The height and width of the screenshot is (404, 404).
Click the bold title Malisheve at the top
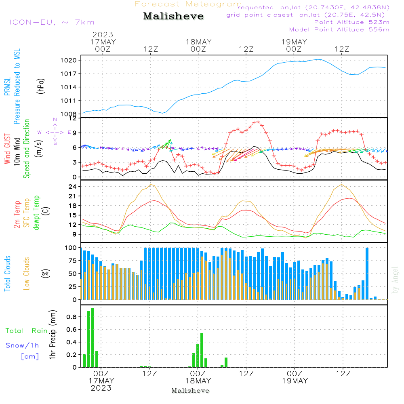tap(173, 17)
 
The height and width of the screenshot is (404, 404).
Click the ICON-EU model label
tap(52, 22)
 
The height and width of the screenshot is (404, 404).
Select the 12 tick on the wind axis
tap(72, 118)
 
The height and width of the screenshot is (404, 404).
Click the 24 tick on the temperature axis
tap(72, 187)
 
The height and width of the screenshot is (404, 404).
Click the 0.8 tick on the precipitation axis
tap(71, 317)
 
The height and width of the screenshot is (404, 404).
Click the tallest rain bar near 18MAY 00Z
tap(202, 350)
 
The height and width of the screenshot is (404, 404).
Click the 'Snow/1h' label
tap(22, 345)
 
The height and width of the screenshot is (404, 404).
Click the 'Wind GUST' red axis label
tap(7, 150)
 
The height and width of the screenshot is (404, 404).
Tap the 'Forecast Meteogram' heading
tap(188, 4)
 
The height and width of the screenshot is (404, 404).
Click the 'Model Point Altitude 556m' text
tap(339, 29)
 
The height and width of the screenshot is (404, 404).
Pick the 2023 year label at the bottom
tap(101, 388)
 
